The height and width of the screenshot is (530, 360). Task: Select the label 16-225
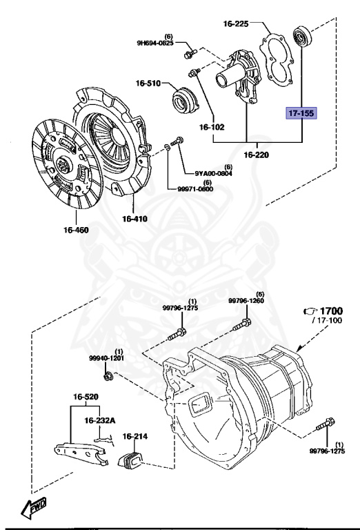(235, 23)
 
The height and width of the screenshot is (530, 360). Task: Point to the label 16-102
(212, 127)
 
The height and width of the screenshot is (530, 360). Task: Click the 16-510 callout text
(148, 84)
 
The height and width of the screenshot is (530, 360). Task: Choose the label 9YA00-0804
(208, 173)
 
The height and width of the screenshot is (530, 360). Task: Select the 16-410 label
(136, 219)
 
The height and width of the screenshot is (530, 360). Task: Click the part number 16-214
(136, 436)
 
